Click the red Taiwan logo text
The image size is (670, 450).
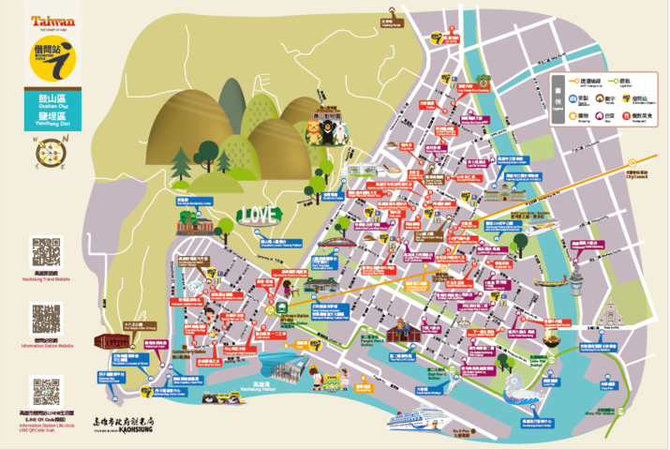click(52, 21)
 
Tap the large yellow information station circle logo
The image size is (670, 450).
click(52, 59)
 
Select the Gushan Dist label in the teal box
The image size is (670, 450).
click(52, 102)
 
